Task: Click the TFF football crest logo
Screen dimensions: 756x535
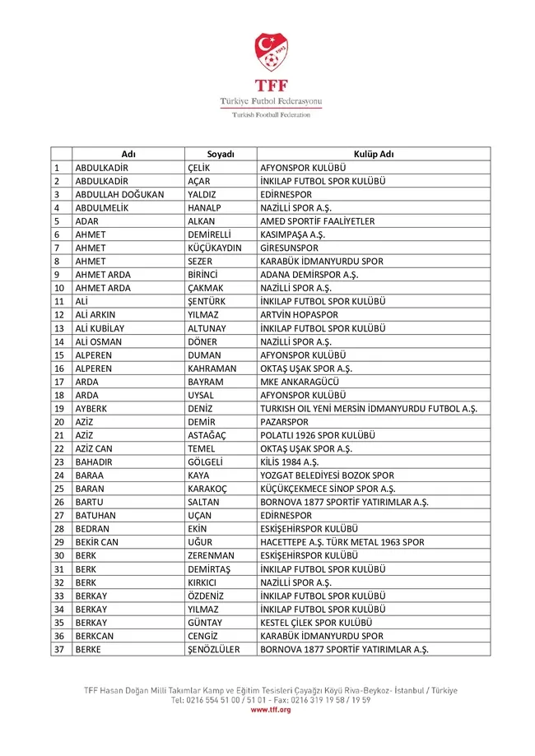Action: (x=271, y=51)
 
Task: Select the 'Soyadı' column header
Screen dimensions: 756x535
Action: (x=221, y=154)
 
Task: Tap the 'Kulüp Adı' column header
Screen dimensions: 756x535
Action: (x=374, y=154)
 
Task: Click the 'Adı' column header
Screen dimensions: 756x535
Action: (x=128, y=154)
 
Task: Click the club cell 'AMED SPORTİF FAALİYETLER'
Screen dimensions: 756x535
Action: (x=317, y=221)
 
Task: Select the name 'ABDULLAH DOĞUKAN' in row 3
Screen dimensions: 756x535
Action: (x=119, y=194)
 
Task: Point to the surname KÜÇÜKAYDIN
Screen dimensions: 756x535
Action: (x=215, y=248)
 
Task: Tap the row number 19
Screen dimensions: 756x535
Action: (x=59, y=409)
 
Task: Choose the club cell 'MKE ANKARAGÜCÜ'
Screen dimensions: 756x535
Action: (x=300, y=382)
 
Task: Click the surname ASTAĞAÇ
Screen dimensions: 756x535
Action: (x=210, y=435)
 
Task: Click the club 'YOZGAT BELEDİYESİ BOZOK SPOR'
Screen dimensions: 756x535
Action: (x=327, y=475)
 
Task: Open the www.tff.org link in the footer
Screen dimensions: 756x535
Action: (x=271, y=709)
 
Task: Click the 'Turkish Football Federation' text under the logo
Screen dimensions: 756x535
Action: (x=271, y=114)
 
